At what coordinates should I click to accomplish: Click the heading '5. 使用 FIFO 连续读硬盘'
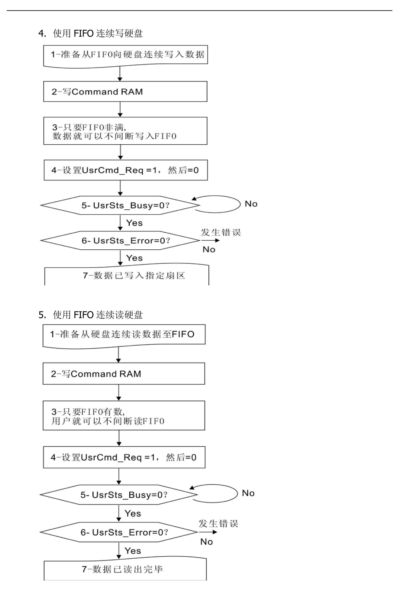(90, 315)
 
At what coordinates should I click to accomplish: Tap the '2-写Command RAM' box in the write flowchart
(125, 92)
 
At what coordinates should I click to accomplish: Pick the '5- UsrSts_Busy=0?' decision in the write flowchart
(120, 205)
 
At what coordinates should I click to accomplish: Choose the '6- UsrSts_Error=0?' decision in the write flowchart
(120, 241)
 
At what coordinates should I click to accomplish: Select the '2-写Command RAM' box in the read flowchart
(124, 374)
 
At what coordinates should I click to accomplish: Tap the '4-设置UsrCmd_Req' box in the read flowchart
(124, 457)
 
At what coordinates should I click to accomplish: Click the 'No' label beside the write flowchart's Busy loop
(251, 204)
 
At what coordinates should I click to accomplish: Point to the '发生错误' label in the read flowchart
(218, 524)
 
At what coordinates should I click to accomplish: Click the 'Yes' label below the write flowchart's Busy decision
(134, 223)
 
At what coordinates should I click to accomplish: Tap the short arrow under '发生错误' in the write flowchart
(210, 241)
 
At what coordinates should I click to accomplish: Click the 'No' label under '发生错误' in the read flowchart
(206, 542)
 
